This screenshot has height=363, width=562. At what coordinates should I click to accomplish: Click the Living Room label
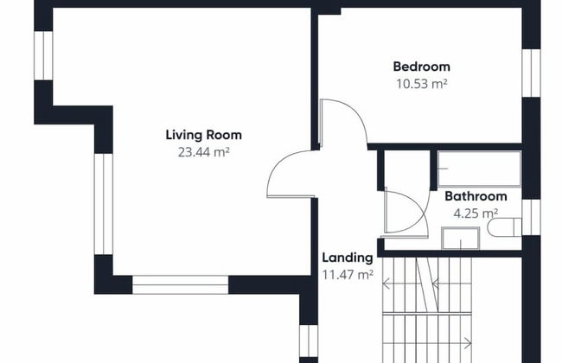[x=203, y=135]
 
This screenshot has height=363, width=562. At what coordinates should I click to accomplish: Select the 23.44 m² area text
[x=203, y=152]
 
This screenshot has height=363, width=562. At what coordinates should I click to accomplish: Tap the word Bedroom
[x=422, y=67]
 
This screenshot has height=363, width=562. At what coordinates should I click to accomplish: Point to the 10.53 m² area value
[x=422, y=84]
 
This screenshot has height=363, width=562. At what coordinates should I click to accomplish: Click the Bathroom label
[x=476, y=196]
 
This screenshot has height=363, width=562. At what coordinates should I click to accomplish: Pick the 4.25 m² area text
[x=476, y=213]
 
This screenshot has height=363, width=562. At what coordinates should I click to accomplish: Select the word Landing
[x=348, y=258]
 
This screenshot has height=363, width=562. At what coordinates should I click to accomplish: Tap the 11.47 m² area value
[x=348, y=275]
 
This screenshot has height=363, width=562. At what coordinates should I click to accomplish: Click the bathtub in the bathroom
[x=479, y=169]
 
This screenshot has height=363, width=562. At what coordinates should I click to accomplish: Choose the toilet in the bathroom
[x=504, y=227]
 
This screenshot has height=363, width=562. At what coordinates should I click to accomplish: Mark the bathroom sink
[x=461, y=238]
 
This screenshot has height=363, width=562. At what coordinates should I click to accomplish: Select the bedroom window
[x=531, y=73]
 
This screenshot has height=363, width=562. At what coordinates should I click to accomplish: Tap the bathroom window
[x=531, y=218]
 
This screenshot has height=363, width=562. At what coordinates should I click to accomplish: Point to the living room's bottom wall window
[x=181, y=285]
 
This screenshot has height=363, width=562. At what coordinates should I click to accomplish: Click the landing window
[x=309, y=341]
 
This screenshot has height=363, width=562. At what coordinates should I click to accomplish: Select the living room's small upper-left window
[x=43, y=55]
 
